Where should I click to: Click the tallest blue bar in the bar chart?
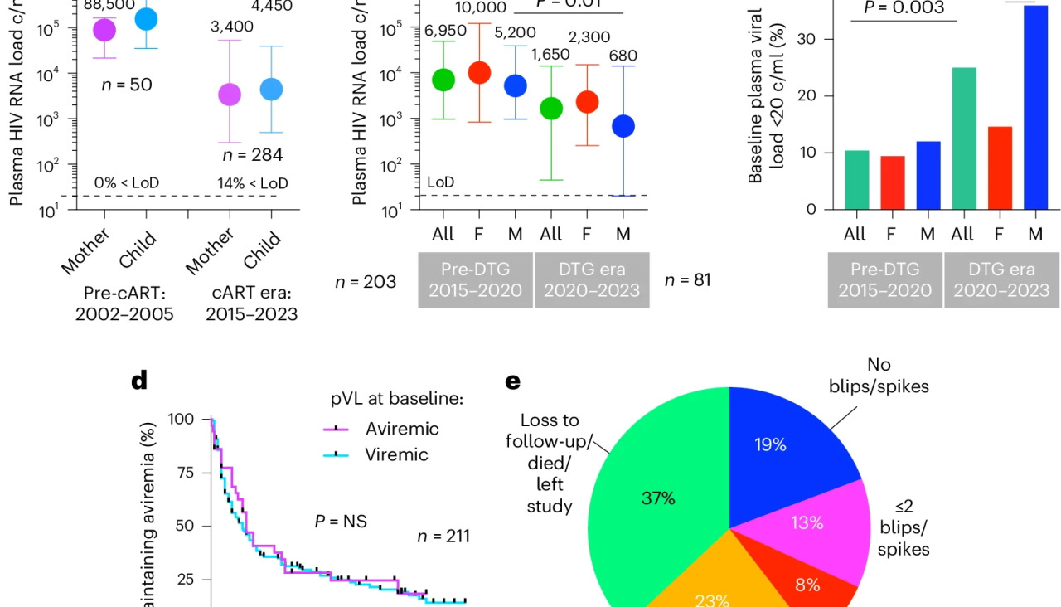coord(1034,108)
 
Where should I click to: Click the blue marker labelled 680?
coord(623,126)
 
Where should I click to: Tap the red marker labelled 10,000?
coord(479,72)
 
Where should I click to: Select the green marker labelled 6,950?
coord(443,80)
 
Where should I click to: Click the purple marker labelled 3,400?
coord(230,95)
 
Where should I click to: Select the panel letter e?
coord(513,381)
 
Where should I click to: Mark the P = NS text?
coord(341,522)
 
